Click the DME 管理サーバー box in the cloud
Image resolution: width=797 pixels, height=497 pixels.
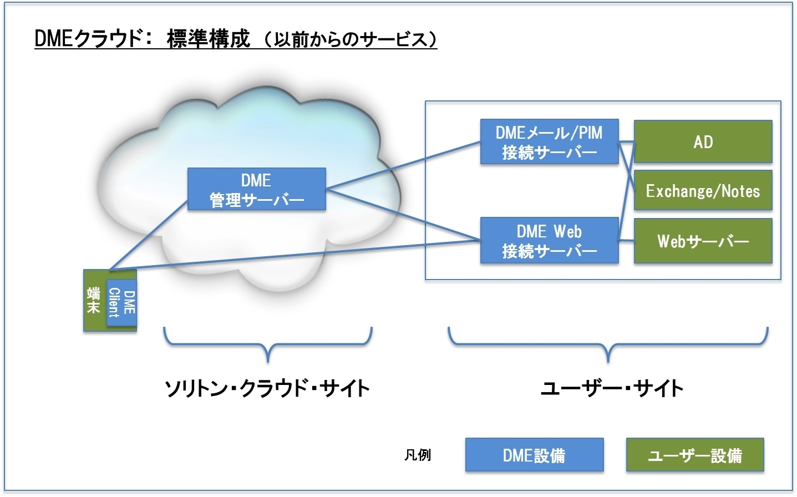(x=257, y=189)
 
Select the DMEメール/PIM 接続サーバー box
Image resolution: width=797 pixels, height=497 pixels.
(x=550, y=141)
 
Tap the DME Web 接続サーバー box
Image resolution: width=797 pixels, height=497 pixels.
(x=550, y=240)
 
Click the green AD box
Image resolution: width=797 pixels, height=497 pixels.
(x=703, y=141)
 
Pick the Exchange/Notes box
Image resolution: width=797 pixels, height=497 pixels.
(x=703, y=190)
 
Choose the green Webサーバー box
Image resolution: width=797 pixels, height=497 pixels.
(x=703, y=241)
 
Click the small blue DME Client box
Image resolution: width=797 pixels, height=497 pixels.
(x=121, y=303)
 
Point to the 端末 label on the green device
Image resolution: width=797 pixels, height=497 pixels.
(x=94, y=301)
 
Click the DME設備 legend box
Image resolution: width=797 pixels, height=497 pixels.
(x=535, y=455)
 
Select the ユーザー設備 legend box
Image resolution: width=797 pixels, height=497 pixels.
(x=695, y=455)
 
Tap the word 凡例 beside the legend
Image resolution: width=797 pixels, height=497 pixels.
(x=418, y=455)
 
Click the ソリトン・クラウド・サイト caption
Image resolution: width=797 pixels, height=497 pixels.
(x=267, y=388)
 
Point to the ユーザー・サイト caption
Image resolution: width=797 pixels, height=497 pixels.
(x=612, y=388)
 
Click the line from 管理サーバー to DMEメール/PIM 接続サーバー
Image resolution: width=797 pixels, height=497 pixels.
(x=403, y=165)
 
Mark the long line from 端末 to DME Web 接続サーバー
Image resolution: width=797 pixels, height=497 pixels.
(x=295, y=255)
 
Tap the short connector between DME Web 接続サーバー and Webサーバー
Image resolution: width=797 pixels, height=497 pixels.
(x=626, y=241)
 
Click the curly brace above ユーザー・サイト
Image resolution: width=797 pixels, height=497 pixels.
(x=608, y=344)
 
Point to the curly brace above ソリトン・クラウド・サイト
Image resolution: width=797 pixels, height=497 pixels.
(x=268, y=344)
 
